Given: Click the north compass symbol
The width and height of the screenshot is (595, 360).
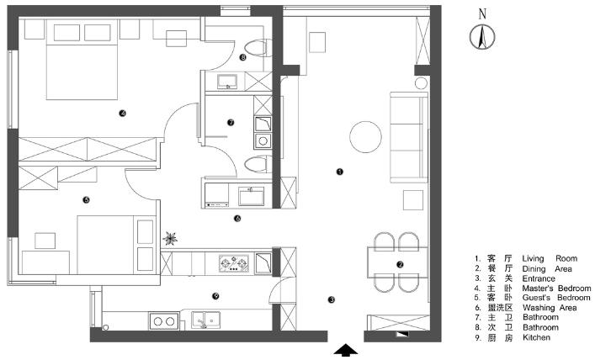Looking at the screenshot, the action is click(482, 36).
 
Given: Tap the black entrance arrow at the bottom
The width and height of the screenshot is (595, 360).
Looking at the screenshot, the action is click(345, 350).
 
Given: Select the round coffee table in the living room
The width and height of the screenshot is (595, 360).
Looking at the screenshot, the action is click(365, 137).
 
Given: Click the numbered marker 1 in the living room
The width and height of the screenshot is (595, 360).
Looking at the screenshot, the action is click(340, 172).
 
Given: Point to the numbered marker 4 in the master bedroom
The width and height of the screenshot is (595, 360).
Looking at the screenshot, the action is click(122, 113).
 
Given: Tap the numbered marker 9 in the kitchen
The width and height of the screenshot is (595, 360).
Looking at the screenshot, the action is click(215, 296).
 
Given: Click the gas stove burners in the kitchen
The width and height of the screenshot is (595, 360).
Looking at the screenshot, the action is click(234, 263).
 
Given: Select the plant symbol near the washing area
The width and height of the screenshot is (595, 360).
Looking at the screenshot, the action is click(170, 238).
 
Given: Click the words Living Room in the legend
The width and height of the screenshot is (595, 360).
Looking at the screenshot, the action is click(550, 259).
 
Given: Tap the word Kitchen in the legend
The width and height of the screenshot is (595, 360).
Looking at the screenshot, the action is click(536, 337).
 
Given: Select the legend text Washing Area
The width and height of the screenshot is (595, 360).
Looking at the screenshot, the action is click(550, 308).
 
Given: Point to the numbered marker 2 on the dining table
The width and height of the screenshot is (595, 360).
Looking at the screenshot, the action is click(400, 265).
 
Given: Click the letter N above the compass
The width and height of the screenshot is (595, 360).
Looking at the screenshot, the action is click(482, 14).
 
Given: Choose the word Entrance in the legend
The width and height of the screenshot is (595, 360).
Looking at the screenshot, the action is click(539, 278).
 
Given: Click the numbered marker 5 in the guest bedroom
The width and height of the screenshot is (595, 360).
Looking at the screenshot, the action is click(86, 200).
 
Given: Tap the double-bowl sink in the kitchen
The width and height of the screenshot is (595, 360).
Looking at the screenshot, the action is click(205, 320).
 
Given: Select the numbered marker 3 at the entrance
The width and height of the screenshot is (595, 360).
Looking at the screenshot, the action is click(332, 300).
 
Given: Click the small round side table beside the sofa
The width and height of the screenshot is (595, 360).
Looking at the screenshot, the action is click(421, 83).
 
